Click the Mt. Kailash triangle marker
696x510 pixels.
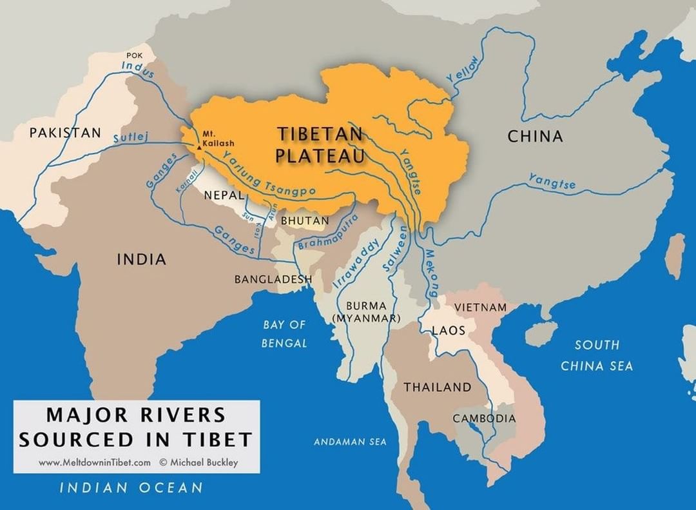coord(200,148)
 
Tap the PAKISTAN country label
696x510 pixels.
coord(65,133)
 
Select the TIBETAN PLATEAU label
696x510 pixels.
coord(320,144)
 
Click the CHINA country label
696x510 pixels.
coord(535,137)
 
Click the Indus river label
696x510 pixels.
coord(138,69)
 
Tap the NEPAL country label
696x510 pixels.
coord(223,195)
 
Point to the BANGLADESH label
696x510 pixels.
coord(273,279)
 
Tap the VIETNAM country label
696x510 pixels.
coord(481,307)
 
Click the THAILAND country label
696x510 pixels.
coord(438,387)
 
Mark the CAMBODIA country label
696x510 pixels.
coord(484,418)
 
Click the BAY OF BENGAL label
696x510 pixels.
coord(284,334)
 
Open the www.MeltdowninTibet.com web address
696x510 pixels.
coord(95,462)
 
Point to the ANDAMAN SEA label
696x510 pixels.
coord(350,442)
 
